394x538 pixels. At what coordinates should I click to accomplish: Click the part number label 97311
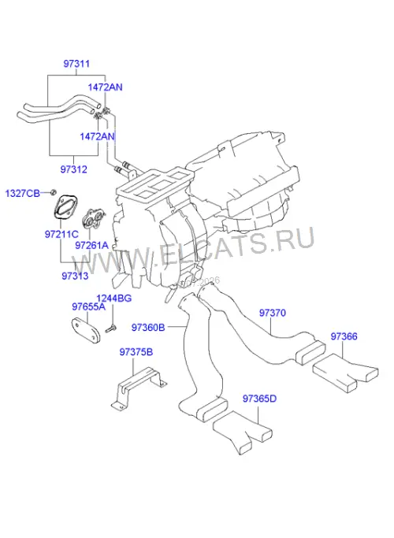pyautogui.click(x=76, y=64)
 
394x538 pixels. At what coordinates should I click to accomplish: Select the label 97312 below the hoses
pyautogui.click(x=74, y=169)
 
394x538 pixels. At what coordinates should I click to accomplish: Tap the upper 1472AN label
pyautogui.click(x=105, y=87)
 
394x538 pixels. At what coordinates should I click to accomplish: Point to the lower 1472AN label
pyautogui.click(x=97, y=136)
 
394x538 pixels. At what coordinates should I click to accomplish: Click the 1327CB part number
pyautogui.click(x=23, y=193)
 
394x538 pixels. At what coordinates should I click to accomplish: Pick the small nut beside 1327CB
pyautogui.click(x=53, y=192)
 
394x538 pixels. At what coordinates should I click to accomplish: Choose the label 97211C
pyautogui.click(x=61, y=235)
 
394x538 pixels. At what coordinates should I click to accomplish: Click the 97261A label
pyautogui.click(x=91, y=245)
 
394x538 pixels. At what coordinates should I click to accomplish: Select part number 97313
pyautogui.click(x=75, y=276)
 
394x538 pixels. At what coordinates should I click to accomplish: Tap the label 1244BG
pyautogui.click(x=114, y=299)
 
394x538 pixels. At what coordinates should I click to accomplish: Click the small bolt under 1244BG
pyautogui.click(x=111, y=328)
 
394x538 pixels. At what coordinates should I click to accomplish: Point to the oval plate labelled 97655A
pyautogui.click(x=85, y=331)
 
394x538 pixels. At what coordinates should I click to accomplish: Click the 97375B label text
pyautogui.click(x=136, y=352)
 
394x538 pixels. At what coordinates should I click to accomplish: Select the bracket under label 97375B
pyautogui.click(x=139, y=386)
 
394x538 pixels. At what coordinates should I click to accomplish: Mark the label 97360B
pyautogui.click(x=148, y=328)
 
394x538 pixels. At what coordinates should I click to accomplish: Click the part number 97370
pyautogui.click(x=272, y=313)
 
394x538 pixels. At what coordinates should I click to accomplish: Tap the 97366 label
pyautogui.click(x=344, y=336)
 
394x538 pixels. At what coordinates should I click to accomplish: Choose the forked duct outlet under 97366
pyautogui.click(x=345, y=373)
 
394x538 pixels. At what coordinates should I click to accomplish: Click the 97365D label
pyautogui.click(x=259, y=399)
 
